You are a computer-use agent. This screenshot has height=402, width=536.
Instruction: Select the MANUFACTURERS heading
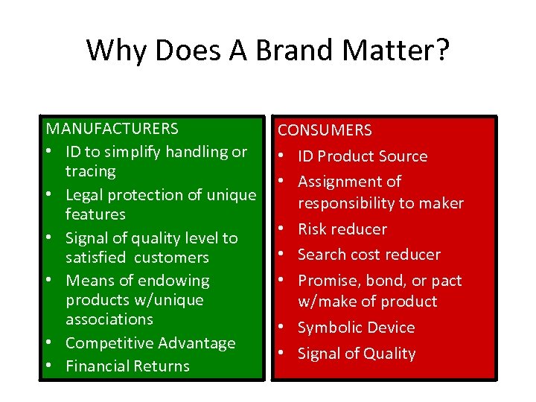click(112, 130)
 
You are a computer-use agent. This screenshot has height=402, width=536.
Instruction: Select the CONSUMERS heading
click(325, 130)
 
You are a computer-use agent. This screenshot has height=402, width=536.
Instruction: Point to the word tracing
click(91, 171)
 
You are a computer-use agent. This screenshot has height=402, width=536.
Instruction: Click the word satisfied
click(97, 258)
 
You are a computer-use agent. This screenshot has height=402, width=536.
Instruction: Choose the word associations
click(109, 319)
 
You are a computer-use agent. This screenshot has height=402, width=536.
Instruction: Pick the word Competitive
click(107, 343)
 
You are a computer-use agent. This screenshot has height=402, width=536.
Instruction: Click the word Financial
click(98, 366)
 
